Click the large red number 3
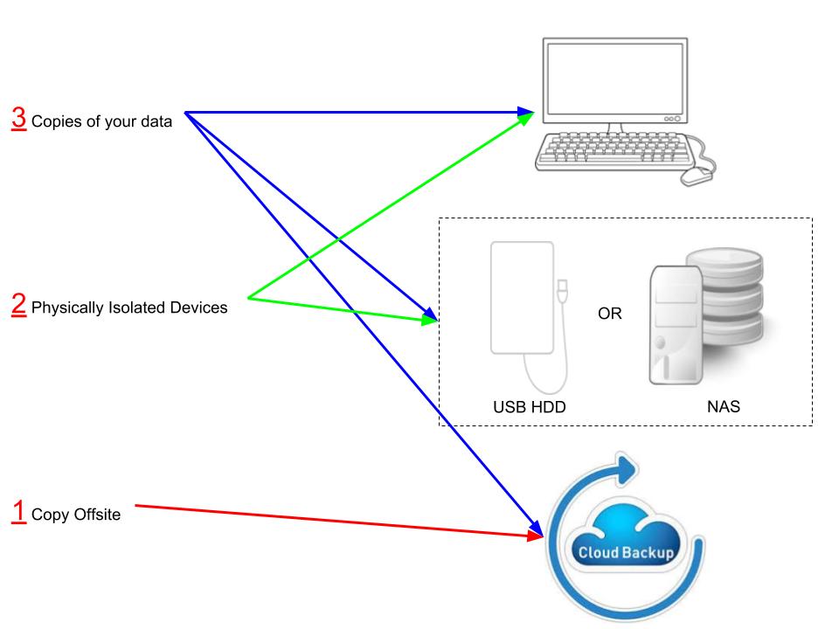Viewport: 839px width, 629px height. [x=18, y=118]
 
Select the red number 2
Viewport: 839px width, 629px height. [x=18, y=304]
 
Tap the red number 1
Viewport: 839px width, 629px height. [x=18, y=511]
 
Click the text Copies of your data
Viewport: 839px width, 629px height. [x=101, y=122]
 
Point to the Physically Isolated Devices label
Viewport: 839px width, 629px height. [x=129, y=308]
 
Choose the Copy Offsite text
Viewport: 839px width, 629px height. [x=76, y=515]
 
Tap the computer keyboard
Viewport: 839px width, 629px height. [x=616, y=150]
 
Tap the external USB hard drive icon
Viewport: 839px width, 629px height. [x=524, y=301]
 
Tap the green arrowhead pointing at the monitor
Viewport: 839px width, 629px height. [x=529, y=118]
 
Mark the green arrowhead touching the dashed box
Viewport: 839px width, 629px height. [x=428, y=321]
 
